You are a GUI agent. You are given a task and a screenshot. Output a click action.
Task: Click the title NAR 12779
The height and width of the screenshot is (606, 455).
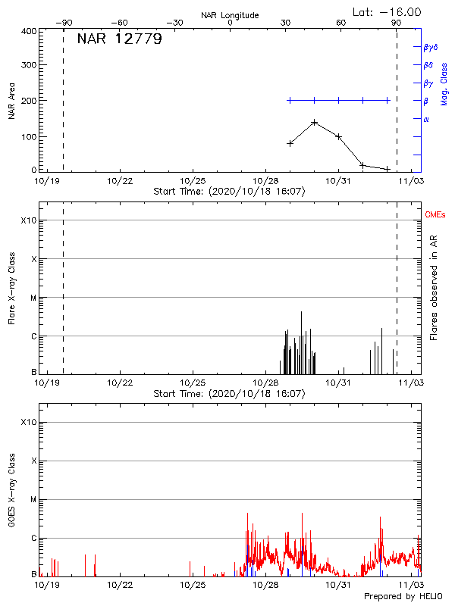coord(119,40)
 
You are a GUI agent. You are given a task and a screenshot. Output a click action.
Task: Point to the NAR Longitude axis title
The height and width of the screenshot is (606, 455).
coord(230,15)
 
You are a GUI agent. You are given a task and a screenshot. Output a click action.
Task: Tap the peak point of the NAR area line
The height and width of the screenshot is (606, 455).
coord(314,122)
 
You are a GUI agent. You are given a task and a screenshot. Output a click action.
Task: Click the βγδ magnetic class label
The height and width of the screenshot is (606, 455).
coord(431,47)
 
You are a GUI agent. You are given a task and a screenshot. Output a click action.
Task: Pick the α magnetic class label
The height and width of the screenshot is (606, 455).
coord(426,119)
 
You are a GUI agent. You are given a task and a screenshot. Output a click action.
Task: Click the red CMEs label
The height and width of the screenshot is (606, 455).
coord(436,216)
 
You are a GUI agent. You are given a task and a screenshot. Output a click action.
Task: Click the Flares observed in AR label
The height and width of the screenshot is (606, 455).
coord(434,289)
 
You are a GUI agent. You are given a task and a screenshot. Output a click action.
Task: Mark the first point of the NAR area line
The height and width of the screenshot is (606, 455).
coord(290,143)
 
